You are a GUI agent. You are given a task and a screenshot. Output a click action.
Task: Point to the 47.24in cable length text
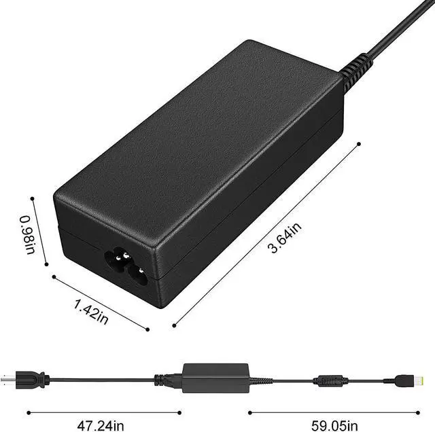[103, 426]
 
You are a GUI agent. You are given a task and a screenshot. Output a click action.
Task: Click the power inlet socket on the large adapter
[126, 267]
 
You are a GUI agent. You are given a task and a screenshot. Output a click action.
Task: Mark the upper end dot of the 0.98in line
[32, 198]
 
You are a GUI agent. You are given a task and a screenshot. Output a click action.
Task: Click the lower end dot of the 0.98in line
[46, 264]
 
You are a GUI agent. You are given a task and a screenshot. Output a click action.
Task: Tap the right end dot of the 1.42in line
[147, 329]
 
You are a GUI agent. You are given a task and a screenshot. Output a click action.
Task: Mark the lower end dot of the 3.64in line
[175, 325]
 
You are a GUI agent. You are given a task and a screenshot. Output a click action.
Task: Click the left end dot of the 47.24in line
[28, 412]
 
